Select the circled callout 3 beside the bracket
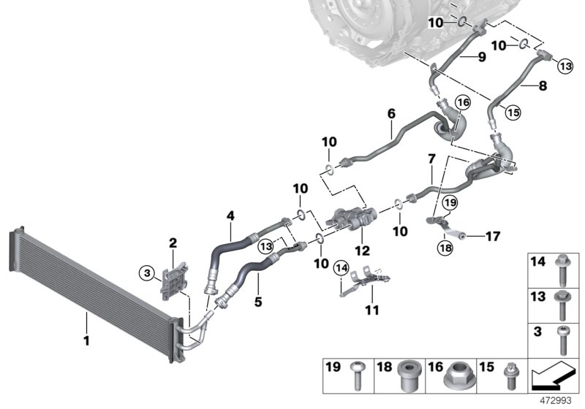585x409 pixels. [x=148, y=273]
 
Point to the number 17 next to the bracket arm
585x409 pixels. [x=492, y=236]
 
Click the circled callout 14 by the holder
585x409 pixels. [x=341, y=268]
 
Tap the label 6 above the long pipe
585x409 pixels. [x=391, y=114]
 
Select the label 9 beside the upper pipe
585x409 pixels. [x=482, y=56]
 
